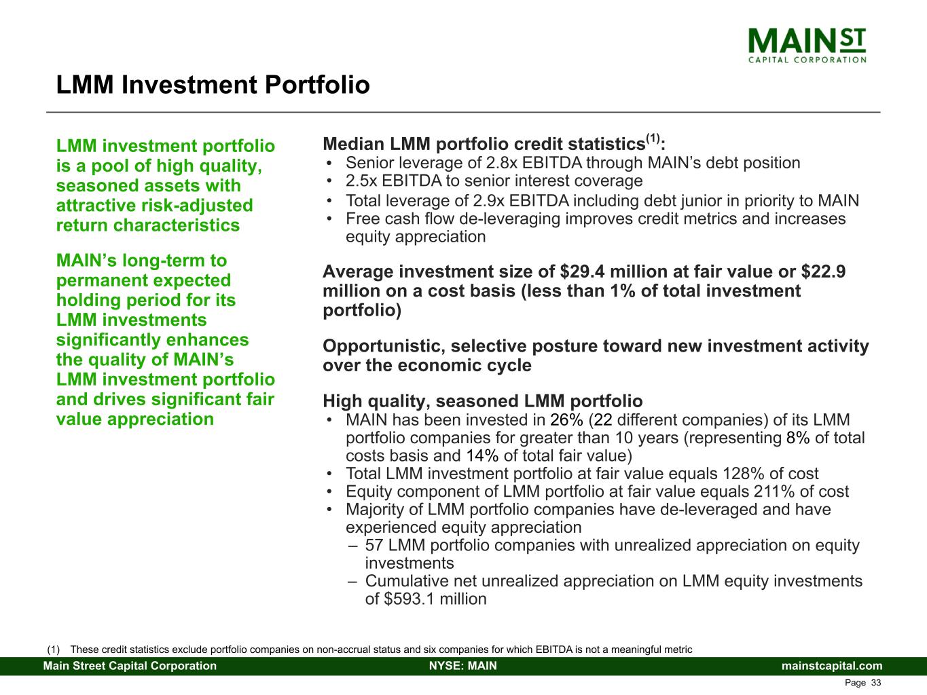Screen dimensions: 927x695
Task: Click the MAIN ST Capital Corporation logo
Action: pyautogui.click(x=807, y=45)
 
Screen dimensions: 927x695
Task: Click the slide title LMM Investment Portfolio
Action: pyautogui.click(x=213, y=85)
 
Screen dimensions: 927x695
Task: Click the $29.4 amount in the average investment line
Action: pyautogui.click(x=583, y=271)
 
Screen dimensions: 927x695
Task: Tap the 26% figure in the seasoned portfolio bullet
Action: pyautogui.click(x=566, y=420)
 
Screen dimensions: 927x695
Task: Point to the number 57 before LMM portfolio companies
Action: pyautogui.click(x=374, y=545)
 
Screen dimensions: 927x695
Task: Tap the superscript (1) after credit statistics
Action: pyautogui.click(x=653, y=138)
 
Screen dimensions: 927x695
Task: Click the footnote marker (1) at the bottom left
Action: pyautogui.click(x=53, y=650)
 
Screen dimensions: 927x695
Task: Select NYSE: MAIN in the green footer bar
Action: pyautogui.click(x=463, y=666)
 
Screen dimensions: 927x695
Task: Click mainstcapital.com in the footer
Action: pyautogui.click(x=832, y=666)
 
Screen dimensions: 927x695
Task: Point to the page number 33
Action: pyautogui.click(x=876, y=683)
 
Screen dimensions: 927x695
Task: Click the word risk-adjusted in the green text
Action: pyautogui.click(x=197, y=206)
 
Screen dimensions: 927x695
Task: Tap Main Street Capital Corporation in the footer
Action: pyautogui.click(x=130, y=666)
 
